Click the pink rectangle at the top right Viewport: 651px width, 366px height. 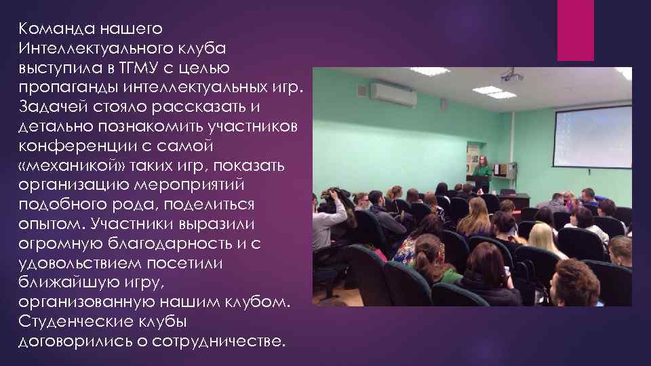point(575,30)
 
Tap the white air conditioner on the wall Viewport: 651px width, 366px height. point(393,94)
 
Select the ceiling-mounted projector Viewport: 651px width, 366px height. point(511,76)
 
